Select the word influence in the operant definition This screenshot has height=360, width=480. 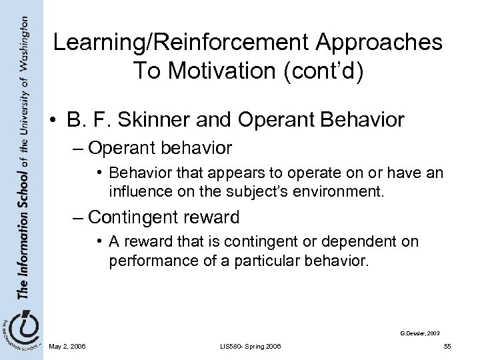click(x=139, y=194)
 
